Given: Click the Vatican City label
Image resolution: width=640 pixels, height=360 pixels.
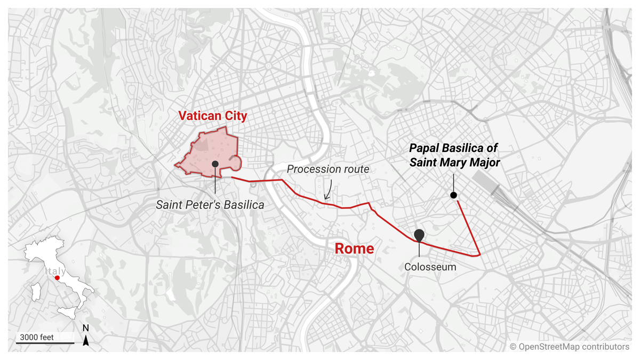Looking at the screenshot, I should [213, 116].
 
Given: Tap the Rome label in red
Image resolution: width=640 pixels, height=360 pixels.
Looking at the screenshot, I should [354, 249].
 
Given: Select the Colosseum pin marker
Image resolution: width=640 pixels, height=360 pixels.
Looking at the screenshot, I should [419, 235].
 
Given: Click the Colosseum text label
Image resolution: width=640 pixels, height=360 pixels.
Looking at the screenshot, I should [430, 267].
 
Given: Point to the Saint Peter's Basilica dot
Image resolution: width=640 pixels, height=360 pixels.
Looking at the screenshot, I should [215, 164].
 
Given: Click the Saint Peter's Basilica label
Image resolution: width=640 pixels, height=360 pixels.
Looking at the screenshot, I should [210, 204].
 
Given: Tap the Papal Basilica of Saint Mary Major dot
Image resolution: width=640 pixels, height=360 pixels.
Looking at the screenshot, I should [453, 195].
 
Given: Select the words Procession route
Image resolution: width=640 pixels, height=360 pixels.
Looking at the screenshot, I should [328, 169].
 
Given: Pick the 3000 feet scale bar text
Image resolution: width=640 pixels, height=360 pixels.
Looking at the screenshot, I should [37, 337].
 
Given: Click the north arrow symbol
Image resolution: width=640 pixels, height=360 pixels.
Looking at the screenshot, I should [86, 341].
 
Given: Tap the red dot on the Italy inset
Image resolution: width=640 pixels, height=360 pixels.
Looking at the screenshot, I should [57, 277].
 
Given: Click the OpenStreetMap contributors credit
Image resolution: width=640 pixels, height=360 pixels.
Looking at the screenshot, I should [570, 347].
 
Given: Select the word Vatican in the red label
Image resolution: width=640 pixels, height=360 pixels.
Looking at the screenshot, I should [197, 116].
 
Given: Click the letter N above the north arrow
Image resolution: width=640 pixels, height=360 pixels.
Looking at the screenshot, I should [86, 327].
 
